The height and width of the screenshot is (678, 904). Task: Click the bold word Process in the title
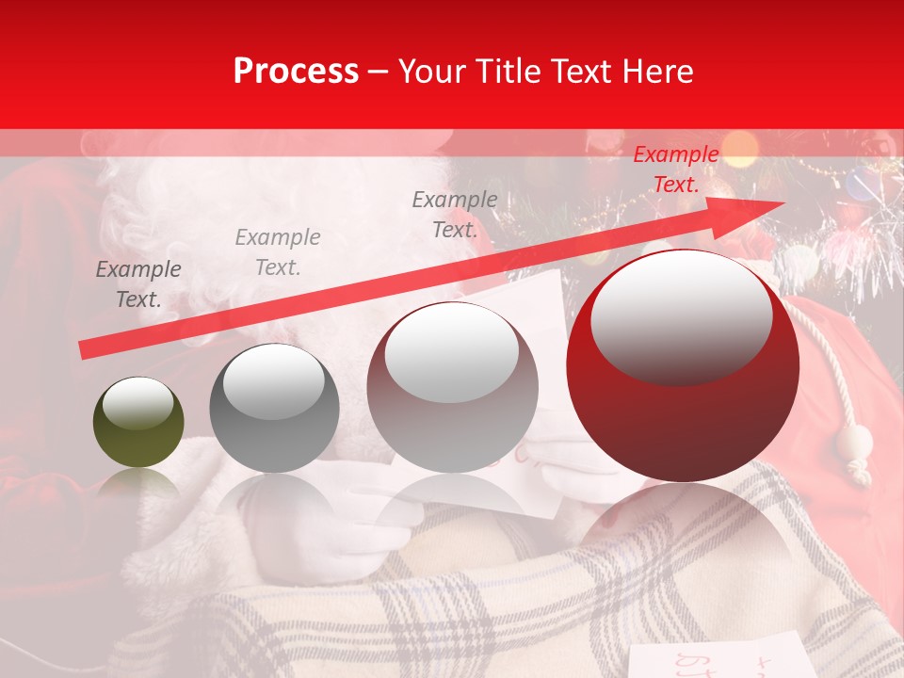296,72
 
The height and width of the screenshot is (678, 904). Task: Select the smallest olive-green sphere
138,423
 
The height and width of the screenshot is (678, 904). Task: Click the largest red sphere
683,365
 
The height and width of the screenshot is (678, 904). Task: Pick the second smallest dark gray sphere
274,408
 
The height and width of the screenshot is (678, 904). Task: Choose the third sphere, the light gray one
452,387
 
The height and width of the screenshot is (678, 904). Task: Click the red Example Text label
675,169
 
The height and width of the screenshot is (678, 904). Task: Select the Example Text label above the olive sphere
138,284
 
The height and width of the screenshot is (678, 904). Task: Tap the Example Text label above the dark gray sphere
278,252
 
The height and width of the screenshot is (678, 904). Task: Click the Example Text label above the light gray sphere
455,214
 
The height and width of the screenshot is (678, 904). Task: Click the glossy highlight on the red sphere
681,315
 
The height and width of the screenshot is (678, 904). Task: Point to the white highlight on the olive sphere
137,405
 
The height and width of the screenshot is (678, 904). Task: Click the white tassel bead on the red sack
857,443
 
